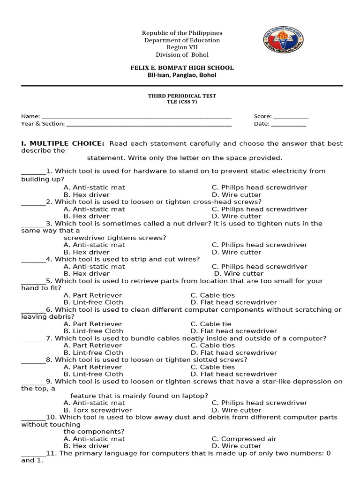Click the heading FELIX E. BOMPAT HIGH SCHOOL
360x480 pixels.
tap(182, 68)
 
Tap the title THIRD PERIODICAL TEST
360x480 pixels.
tap(182, 96)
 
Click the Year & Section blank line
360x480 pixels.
tap(149, 125)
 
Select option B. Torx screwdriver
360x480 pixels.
tap(97, 410)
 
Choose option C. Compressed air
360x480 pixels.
tap(244, 439)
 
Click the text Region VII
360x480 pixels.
tap(182, 47)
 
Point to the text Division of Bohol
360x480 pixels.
tap(182, 55)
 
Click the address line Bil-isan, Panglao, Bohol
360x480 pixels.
tap(182, 75)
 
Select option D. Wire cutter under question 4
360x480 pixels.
tap(239, 274)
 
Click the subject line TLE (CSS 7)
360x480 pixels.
tap(182, 102)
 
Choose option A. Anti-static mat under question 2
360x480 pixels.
tap(94, 209)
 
